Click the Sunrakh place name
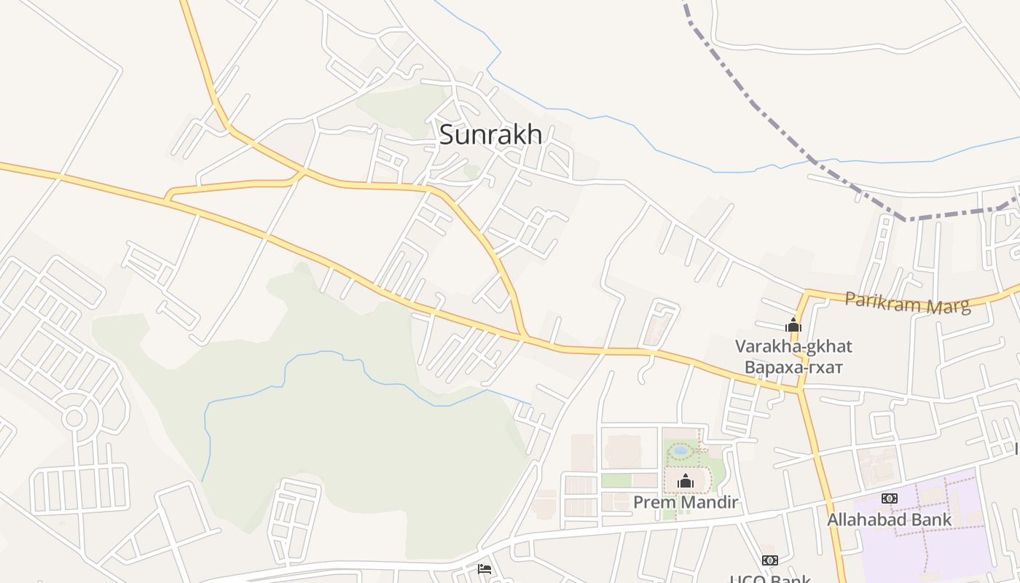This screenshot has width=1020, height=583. click(x=490, y=135)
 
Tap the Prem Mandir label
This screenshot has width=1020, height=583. click(x=686, y=502)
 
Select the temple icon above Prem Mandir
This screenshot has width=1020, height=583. click(x=685, y=480)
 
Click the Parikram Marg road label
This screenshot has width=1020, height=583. click(x=908, y=302)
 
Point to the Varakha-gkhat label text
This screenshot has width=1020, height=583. click(x=793, y=346)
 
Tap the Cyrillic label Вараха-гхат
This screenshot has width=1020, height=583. click(x=793, y=367)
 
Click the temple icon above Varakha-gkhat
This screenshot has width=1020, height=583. click(x=793, y=325)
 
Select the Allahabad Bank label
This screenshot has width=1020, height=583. click(x=889, y=520)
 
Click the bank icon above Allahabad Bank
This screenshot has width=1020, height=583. click(x=889, y=498)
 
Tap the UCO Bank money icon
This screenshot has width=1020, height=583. click(x=769, y=560)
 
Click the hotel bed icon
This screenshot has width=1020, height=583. click(x=484, y=569)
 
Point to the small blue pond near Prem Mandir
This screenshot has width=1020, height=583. click(x=680, y=451)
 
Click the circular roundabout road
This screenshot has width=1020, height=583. click(x=74, y=418)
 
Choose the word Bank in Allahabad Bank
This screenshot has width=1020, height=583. click(x=931, y=520)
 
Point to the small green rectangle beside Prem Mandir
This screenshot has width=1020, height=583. click(x=616, y=480)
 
